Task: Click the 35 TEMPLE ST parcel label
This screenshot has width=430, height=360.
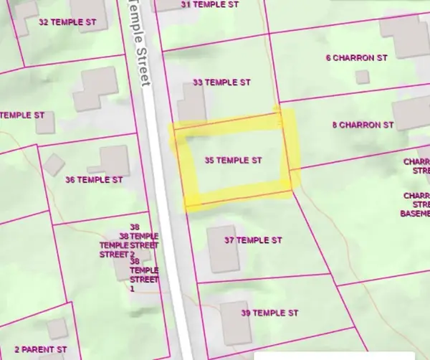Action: point(232,159)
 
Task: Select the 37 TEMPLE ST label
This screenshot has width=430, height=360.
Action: point(253,240)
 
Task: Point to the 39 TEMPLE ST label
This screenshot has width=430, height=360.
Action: point(269,313)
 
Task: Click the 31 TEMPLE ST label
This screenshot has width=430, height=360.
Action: point(209,4)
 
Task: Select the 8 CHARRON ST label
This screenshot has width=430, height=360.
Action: point(363,125)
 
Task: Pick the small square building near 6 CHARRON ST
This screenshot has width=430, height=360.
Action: point(363,77)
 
